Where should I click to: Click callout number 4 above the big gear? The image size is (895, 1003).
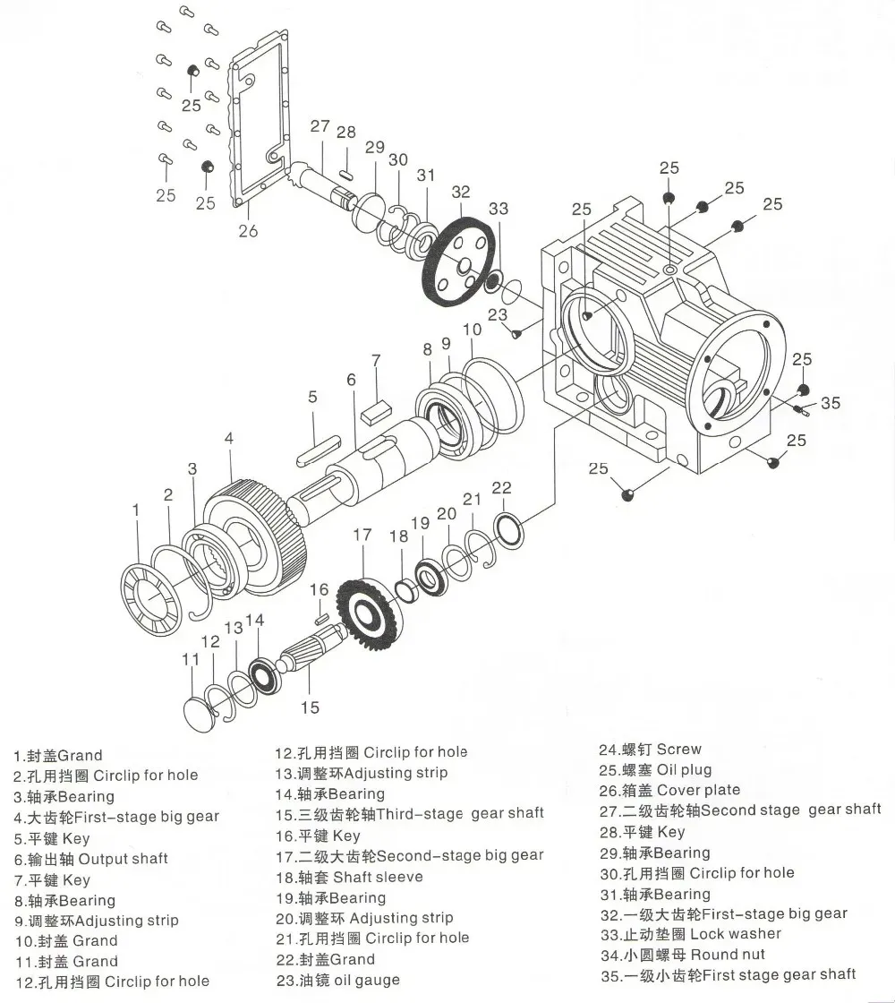(229, 439)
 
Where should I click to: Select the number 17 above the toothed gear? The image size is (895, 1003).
(362, 536)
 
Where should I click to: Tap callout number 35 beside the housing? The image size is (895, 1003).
(831, 403)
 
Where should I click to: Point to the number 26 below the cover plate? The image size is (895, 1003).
(248, 231)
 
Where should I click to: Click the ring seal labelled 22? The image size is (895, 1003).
(506, 528)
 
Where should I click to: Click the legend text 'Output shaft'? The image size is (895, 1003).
(123, 859)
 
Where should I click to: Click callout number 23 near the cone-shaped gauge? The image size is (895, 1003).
(498, 315)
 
